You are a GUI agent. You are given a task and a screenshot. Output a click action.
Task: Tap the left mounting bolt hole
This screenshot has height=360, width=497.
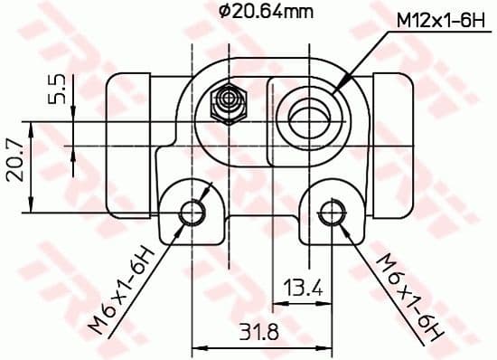coord(192,213)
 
